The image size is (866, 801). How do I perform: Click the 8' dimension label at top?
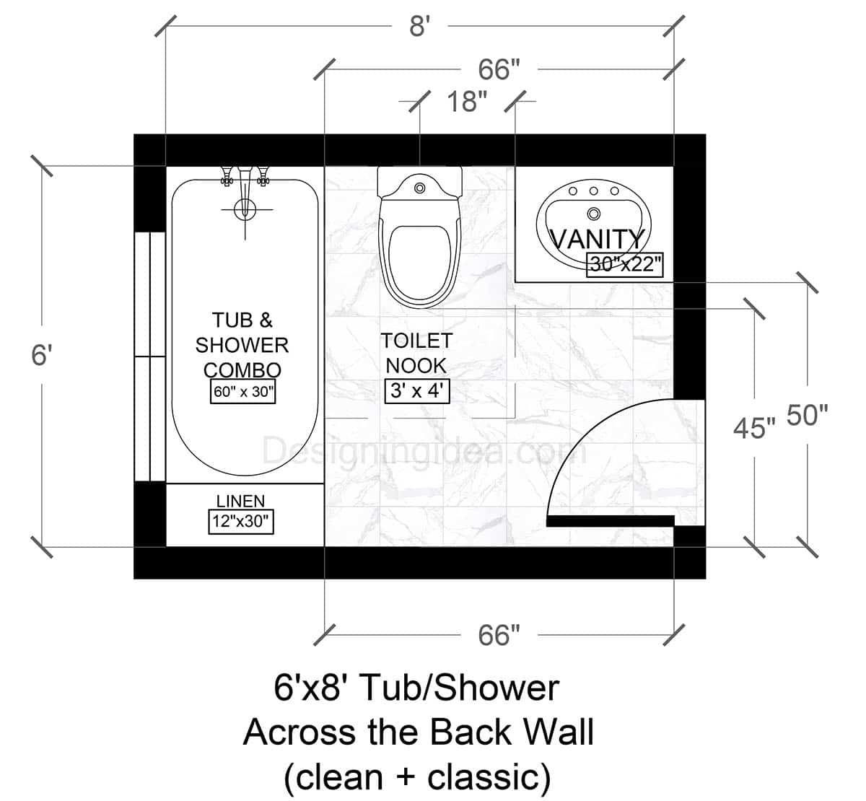pyautogui.click(x=419, y=28)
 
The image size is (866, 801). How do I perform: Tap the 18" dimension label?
pyautogui.click(x=466, y=102)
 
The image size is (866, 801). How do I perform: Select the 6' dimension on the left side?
pyautogui.click(x=42, y=355)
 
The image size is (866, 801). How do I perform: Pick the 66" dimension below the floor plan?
pyautogui.click(x=499, y=636)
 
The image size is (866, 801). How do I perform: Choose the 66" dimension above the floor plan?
pyautogui.click(x=499, y=70)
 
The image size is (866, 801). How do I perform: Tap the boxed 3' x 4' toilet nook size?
pyautogui.click(x=418, y=391)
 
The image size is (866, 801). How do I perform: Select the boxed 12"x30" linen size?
pyautogui.click(x=242, y=521)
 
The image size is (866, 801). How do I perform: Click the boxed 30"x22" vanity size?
pyautogui.click(x=625, y=264)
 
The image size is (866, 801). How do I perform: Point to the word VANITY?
pyautogui.click(x=597, y=239)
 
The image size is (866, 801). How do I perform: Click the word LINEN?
pyautogui.click(x=241, y=501)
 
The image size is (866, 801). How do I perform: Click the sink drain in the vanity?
pyautogui.click(x=594, y=214)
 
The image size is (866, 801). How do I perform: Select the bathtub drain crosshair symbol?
pyautogui.click(x=245, y=210)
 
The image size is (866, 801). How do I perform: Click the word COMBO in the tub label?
pyautogui.click(x=242, y=369)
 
